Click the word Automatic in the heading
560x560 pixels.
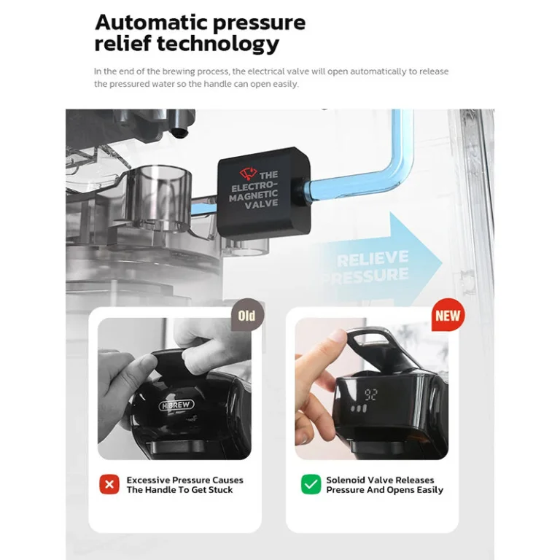point(151,23)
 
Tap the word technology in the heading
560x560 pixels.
point(218,44)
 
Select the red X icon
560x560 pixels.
point(109,484)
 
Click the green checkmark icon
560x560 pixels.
point(311,484)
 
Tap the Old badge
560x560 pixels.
point(247,315)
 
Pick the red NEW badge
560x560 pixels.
point(448,315)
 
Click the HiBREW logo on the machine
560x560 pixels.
point(176,405)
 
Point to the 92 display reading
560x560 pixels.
point(370,394)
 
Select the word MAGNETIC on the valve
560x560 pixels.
point(254,195)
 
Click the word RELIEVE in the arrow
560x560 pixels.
point(373,259)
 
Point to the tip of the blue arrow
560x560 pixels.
point(442,263)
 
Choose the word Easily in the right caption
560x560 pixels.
point(430,490)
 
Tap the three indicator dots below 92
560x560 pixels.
point(359,408)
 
